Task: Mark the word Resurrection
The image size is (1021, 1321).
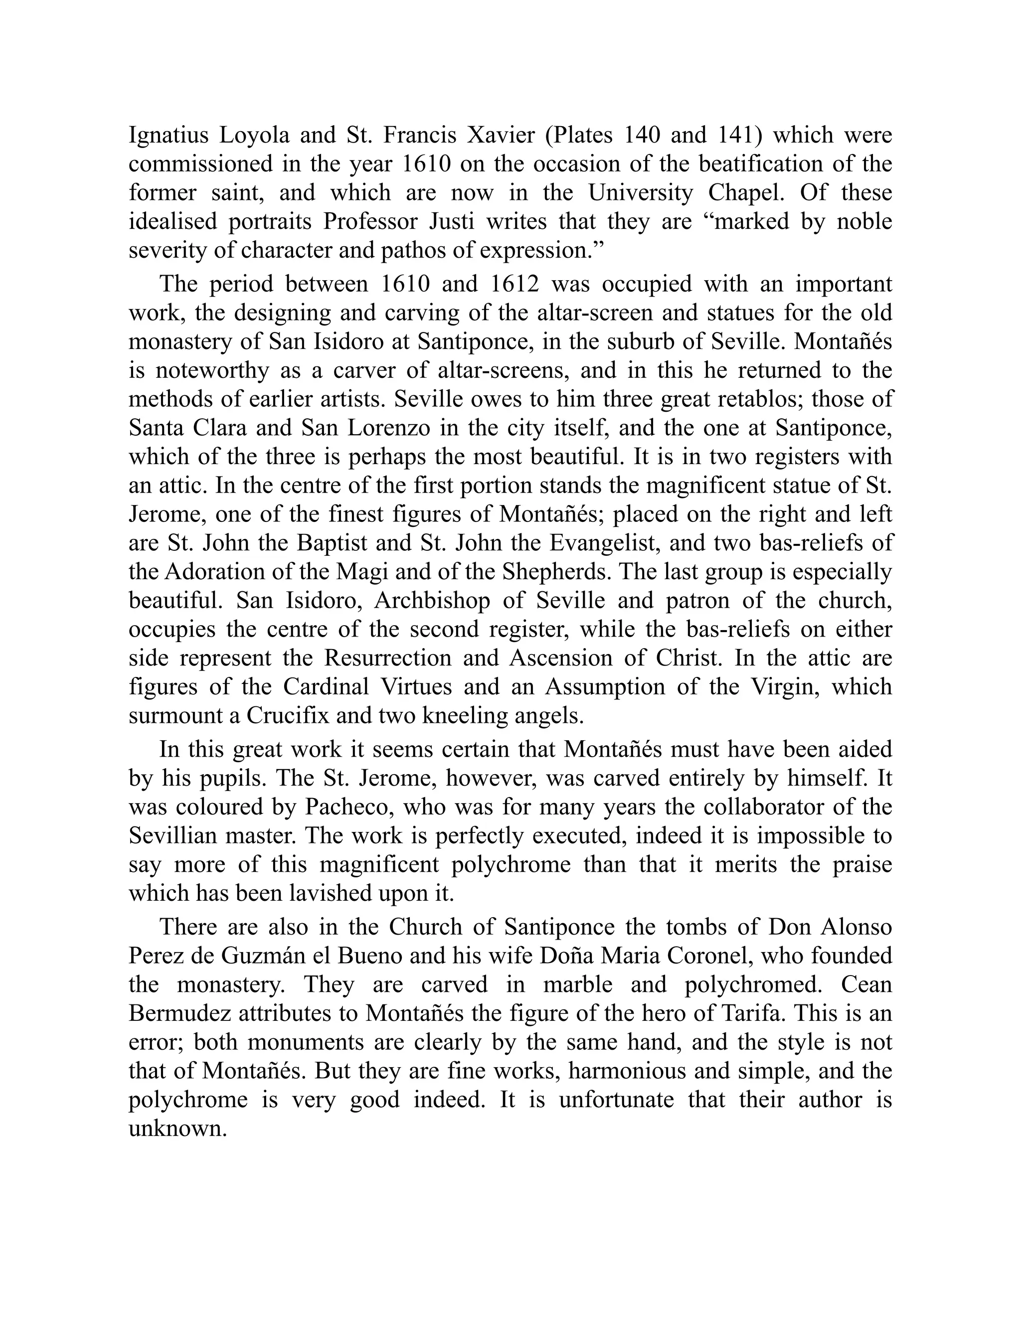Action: tap(389, 658)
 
